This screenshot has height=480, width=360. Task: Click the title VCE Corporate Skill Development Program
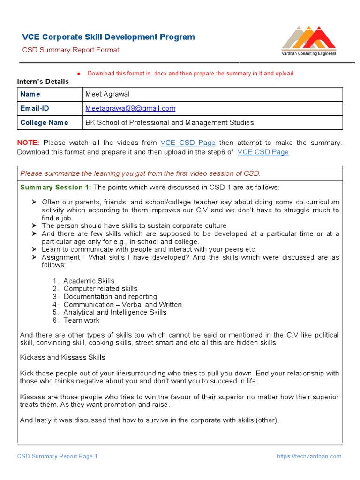109,37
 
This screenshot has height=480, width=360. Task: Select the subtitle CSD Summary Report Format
71,50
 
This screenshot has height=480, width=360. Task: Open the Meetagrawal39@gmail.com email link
130,108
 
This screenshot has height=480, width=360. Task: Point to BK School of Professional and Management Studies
169,122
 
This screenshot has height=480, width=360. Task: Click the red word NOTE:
28,142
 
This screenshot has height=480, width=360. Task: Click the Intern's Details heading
43,82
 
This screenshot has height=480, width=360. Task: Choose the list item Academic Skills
89,281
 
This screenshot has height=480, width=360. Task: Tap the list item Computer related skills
100,289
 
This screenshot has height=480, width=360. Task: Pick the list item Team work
82,320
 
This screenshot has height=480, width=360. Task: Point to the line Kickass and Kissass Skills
63,357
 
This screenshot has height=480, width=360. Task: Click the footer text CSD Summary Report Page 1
57,456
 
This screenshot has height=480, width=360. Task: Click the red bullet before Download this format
79,74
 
